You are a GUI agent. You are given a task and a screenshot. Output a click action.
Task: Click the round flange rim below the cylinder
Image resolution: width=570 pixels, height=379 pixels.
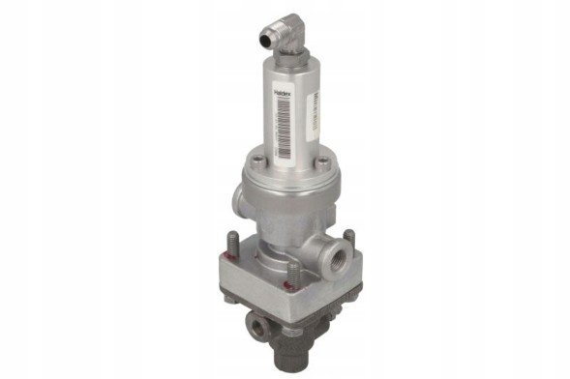290,176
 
